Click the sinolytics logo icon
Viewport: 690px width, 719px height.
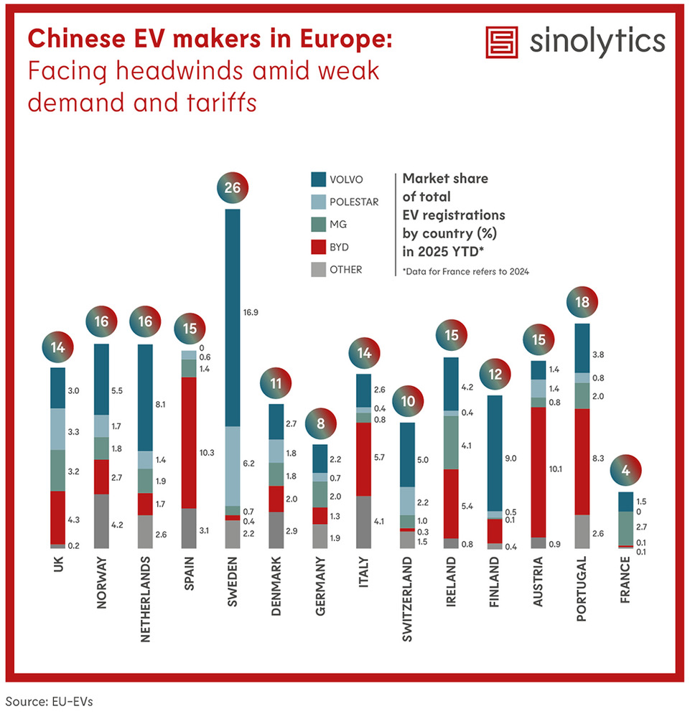click(503, 43)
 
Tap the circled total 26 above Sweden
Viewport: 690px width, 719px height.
click(234, 189)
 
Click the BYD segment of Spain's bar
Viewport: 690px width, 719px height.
click(188, 443)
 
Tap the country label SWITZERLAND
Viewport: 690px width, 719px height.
click(407, 596)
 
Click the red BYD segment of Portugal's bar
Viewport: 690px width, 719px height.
click(582, 461)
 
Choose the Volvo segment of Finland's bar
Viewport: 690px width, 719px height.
click(495, 453)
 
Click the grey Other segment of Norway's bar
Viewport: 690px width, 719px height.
click(101, 521)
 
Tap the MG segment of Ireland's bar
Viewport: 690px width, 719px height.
click(451, 443)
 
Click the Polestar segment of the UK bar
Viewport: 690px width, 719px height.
click(57, 429)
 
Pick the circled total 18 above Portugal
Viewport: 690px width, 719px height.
click(583, 304)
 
